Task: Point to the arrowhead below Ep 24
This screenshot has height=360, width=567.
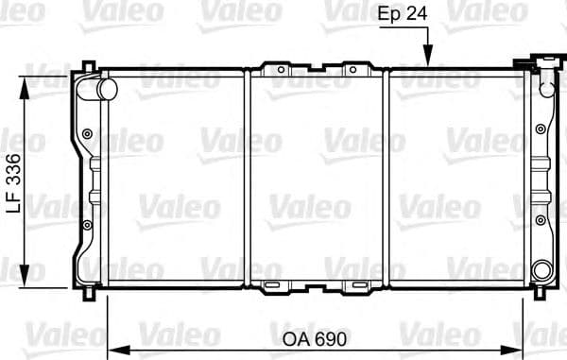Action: tap(428, 60)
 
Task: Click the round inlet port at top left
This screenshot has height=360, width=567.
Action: tap(106, 88)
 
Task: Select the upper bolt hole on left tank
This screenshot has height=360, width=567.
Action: tap(88, 133)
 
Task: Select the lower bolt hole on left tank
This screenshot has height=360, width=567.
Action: tap(88, 224)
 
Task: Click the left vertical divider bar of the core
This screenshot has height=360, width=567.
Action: tap(248, 176)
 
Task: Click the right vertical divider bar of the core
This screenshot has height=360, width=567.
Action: tap(390, 176)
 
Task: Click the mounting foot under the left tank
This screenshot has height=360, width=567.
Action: tap(88, 291)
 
